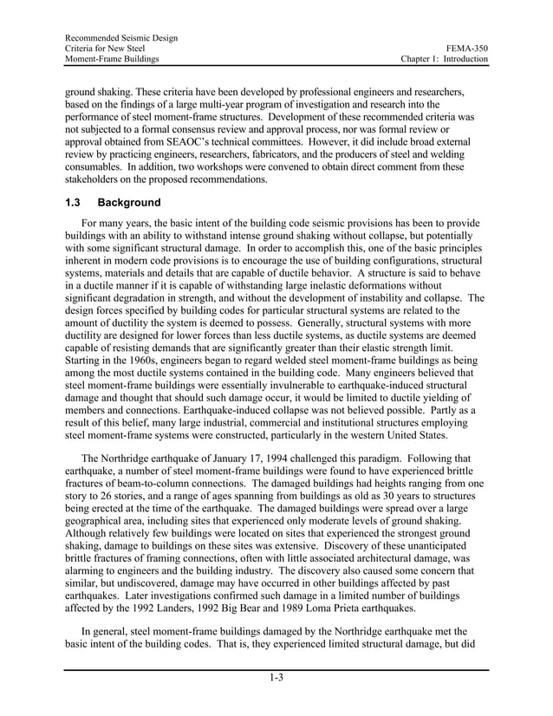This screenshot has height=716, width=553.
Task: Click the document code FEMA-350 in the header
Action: [467, 48]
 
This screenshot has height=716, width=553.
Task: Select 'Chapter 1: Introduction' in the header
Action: [443, 59]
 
